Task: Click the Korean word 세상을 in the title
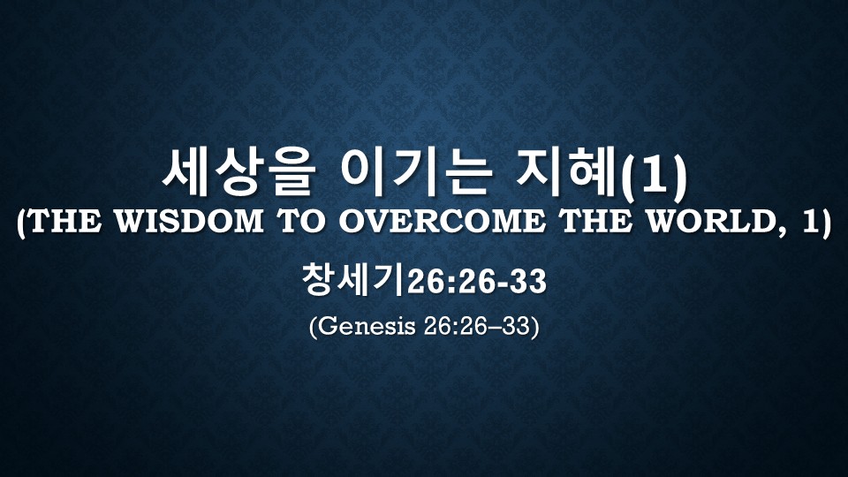(x=238, y=174)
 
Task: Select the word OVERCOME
(x=442, y=222)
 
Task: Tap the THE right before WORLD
(x=595, y=222)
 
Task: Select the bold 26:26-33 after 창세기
(x=476, y=282)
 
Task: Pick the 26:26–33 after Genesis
(x=476, y=327)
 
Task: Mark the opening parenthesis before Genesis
(x=313, y=327)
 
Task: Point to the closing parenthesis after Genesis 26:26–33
(x=534, y=327)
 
